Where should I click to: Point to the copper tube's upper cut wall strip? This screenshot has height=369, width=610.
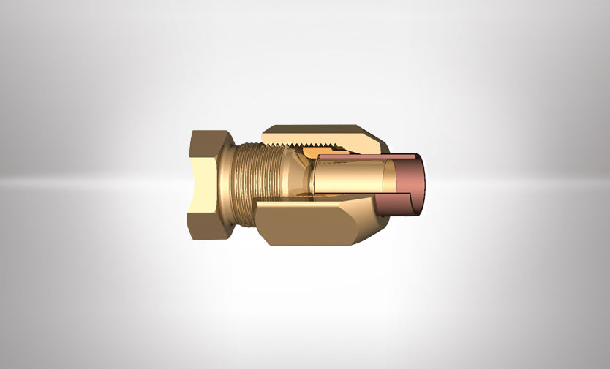pyautogui.click(x=366, y=156)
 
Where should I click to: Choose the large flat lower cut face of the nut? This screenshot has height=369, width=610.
pyautogui.click(x=307, y=222)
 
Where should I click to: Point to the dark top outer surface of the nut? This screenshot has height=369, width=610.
pyautogui.click(x=315, y=127)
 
